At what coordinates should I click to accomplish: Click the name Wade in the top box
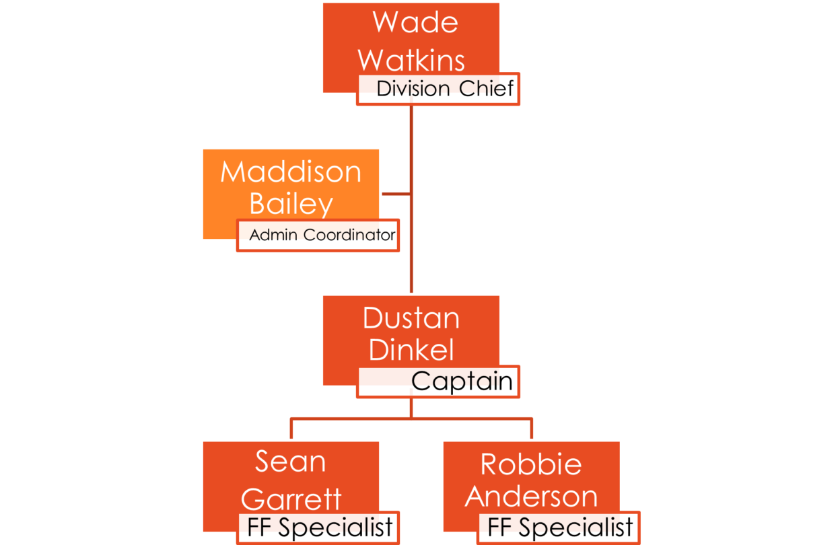[415, 22]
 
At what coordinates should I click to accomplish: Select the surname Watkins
[411, 61]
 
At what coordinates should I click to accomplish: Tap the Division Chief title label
[445, 89]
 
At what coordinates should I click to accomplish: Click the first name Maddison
[291, 172]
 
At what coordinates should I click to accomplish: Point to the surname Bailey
[291, 204]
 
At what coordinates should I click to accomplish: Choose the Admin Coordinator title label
[322, 235]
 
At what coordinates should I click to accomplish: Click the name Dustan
[411, 318]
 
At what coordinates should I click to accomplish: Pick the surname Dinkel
[411, 350]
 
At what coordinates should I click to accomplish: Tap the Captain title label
[462, 381]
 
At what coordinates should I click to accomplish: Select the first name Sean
[291, 462]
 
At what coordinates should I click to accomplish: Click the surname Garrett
[291, 499]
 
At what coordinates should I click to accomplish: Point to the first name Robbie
[531, 464]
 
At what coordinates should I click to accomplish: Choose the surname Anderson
[531, 497]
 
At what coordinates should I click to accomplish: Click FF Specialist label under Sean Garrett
[320, 528]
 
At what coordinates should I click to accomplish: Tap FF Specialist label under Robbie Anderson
[560, 528]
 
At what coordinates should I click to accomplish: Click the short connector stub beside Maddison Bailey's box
[396, 194]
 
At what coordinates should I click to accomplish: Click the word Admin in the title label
[275, 235]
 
